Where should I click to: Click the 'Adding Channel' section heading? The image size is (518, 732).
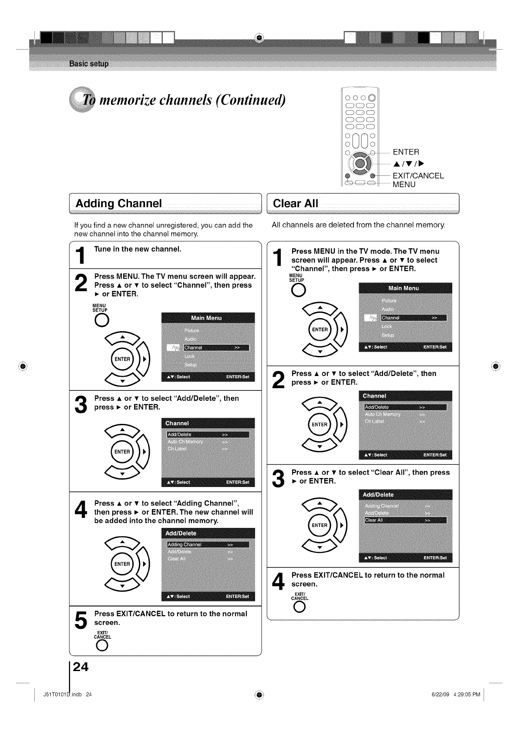tap(118, 203)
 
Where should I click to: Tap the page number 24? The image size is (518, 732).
tap(81, 667)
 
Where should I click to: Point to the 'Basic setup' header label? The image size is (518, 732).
tap(89, 64)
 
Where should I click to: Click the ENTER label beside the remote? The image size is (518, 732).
tap(406, 152)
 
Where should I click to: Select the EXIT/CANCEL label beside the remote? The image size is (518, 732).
tap(418, 176)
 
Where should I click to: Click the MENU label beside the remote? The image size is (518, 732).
tap(404, 185)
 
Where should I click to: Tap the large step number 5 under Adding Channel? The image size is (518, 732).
tap(81, 620)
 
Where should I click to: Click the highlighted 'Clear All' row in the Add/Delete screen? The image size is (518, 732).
tap(405, 520)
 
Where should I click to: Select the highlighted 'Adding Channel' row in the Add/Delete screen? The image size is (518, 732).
tap(208, 544)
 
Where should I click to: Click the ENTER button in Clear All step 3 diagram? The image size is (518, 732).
tap(320, 525)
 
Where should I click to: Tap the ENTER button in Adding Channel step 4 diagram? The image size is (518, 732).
tap(122, 564)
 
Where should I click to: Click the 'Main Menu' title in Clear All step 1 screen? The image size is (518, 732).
tap(404, 288)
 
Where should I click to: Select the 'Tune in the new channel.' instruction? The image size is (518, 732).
tap(138, 249)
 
